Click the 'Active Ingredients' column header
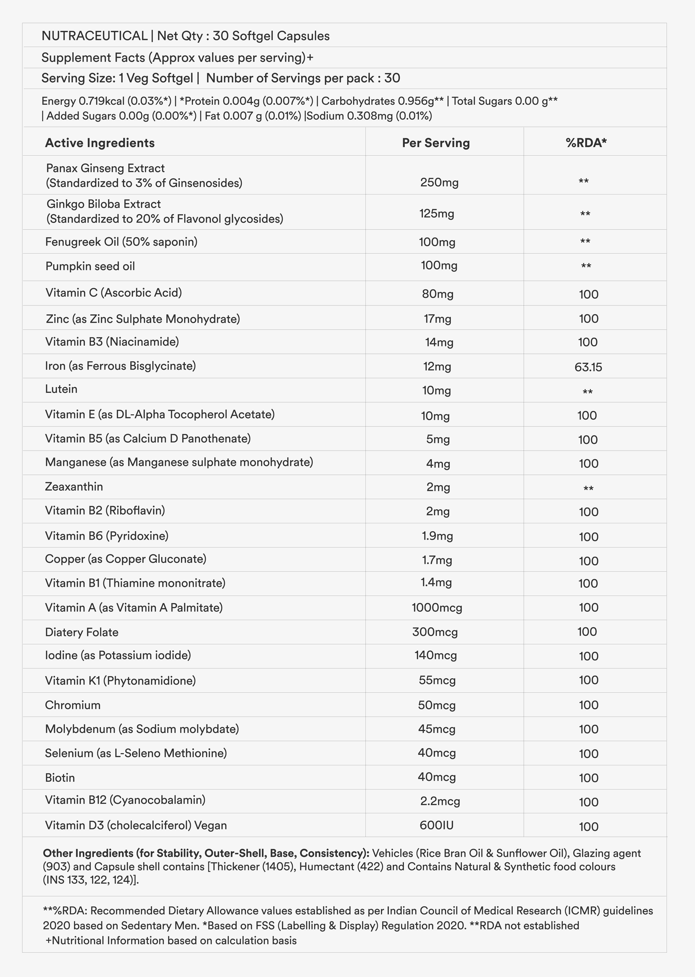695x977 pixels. pyautogui.click(x=100, y=143)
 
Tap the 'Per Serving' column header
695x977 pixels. pyautogui.click(x=436, y=143)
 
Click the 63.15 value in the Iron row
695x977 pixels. pyautogui.click(x=588, y=367)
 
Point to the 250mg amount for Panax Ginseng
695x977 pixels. pyautogui.click(x=439, y=183)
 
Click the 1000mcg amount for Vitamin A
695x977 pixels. pyautogui.click(x=436, y=608)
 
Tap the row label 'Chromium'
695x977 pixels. pyautogui.click(x=73, y=705)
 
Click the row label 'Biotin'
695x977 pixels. pyautogui.click(x=60, y=778)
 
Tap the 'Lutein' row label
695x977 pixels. pyautogui.click(x=61, y=389)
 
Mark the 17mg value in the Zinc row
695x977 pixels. pyautogui.click(x=437, y=319)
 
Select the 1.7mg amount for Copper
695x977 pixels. pyautogui.click(x=437, y=560)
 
